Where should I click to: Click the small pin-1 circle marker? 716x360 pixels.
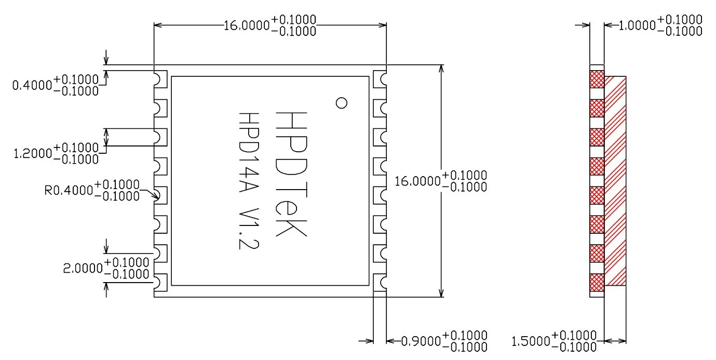pyautogui.click(x=341, y=103)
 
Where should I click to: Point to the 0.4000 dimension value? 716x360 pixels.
pyautogui.click(x=32, y=85)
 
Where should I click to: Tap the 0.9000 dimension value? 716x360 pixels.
pyautogui.click(x=421, y=341)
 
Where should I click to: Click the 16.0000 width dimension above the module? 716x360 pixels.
pyautogui.click(x=247, y=25)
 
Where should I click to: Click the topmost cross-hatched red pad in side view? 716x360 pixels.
pyautogui.click(x=597, y=79)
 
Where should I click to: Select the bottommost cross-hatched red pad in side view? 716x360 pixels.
pyautogui.click(x=597, y=282)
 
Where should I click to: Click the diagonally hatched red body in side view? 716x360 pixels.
pyautogui.click(x=615, y=181)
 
